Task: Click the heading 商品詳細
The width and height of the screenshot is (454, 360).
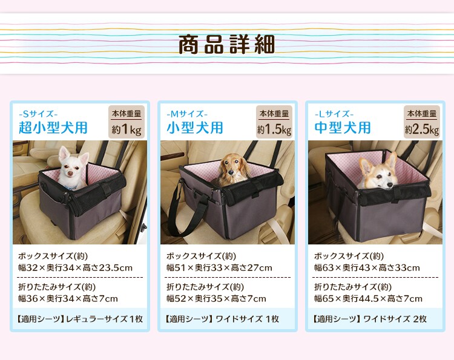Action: click(x=226, y=45)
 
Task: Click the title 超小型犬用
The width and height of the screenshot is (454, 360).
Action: click(x=53, y=128)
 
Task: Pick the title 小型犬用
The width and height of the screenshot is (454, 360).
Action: click(x=195, y=128)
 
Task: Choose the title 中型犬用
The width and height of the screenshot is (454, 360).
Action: click(x=343, y=128)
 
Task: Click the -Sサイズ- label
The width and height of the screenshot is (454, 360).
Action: click(x=39, y=113)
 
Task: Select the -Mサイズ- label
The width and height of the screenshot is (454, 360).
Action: click(x=187, y=113)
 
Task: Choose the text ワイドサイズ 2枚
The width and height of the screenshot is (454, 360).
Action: click(x=395, y=318)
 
